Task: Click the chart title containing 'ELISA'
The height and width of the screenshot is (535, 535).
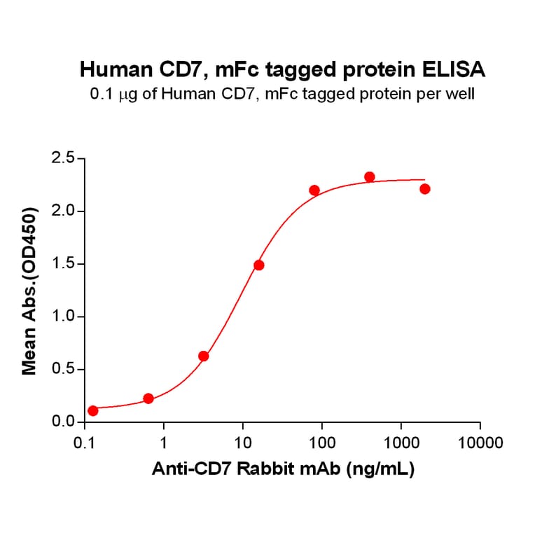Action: (x=283, y=69)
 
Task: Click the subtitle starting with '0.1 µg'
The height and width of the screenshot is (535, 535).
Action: (x=283, y=93)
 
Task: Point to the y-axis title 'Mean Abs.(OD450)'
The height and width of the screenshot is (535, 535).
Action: (x=29, y=291)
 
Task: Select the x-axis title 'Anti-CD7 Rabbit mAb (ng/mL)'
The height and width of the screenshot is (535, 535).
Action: (x=283, y=470)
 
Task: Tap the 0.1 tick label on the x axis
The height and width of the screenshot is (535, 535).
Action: (x=85, y=443)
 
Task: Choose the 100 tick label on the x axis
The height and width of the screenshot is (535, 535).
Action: (x=321, y=443)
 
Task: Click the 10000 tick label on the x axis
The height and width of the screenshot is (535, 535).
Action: (x=480, y=443)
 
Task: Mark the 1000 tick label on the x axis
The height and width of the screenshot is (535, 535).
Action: (x=401, y=443)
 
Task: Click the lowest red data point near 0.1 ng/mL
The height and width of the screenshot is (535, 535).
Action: (x=93, y=410)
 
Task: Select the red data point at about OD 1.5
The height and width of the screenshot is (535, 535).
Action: (x=259, y=265)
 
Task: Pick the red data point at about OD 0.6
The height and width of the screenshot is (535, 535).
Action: (x=204, y=356)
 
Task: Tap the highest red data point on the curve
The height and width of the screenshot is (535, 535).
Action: (x=370, y=177)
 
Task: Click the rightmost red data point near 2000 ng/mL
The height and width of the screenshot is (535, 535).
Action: (x=425, y=189)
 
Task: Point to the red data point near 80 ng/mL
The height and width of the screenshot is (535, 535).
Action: (x=314, y=190)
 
